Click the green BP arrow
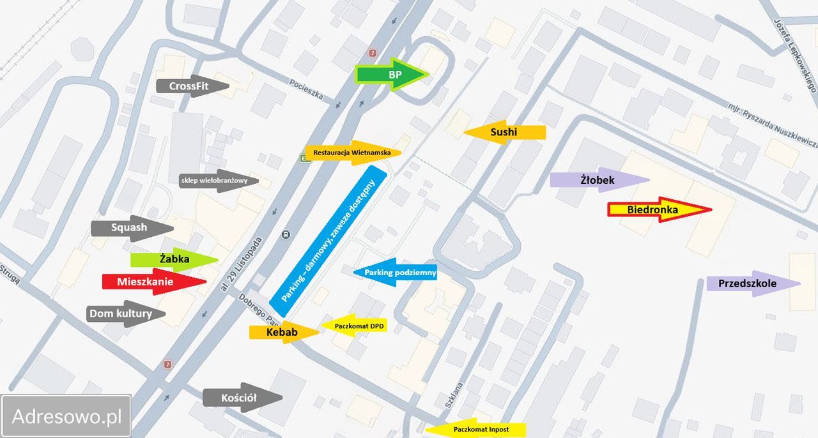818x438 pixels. [x=391, y=75]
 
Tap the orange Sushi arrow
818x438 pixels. [x=505, y=132]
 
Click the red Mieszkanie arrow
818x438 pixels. [x=154, y=281]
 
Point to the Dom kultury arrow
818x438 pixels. [x=125, y=313]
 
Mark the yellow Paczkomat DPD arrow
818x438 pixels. [x=354, y=326]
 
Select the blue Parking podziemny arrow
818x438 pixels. [x=396, y=273]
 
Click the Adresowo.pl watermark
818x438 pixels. [x=66, y=416]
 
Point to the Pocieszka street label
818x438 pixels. [x=307, y=91]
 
